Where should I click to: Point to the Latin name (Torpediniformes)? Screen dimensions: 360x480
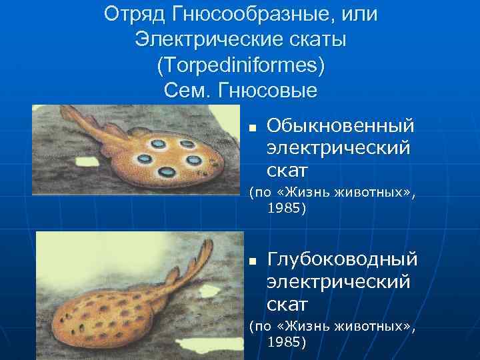coord(241,65)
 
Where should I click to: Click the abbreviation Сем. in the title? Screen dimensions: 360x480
coord(189,90)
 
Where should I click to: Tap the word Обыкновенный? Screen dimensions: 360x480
coord(340,125)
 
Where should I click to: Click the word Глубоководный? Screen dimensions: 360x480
coord(342,259)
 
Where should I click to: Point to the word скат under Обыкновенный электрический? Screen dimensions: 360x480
coord(287,171)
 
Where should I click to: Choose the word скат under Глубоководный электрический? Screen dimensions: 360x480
coord(287,305)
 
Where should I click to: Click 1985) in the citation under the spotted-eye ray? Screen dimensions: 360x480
coord(287,209)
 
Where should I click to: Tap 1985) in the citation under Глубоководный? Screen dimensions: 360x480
coord(287,342)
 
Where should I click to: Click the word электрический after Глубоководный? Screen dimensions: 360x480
coord(338,282)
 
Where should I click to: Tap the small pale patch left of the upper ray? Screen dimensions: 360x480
coord(87,161)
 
